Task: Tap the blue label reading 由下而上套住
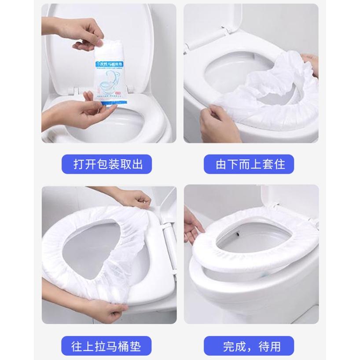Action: (250, 164)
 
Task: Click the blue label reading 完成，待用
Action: (251, 345)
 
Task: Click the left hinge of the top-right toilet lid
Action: (194, 44)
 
